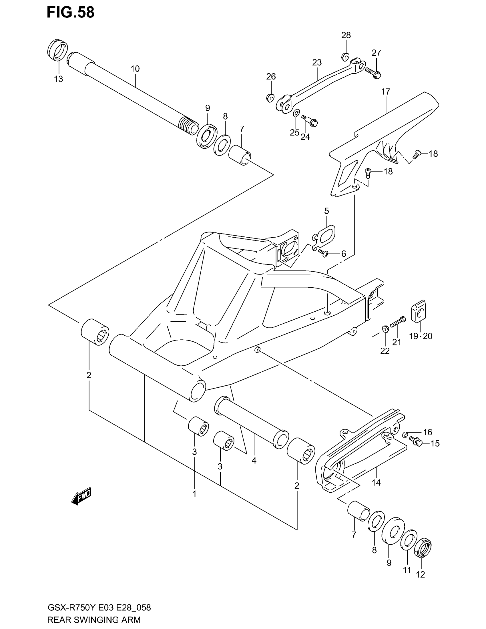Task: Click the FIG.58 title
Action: tap(70, 13)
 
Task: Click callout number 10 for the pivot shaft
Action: tap(135, 69)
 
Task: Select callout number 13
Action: tap(58, 79)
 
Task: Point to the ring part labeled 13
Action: tap(57, 50)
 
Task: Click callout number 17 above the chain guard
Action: tap(386, 91)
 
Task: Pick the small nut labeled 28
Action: tap(346, 57)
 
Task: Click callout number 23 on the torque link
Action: tap(317, 63)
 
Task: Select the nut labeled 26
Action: tap(270, 98)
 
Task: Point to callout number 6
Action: tap(343, 254)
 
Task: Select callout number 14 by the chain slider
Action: tap(376, 483)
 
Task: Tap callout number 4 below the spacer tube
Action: tap(254, 461)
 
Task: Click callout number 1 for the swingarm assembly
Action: tap(194, 494)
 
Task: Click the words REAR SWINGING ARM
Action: tap(94, 620)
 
